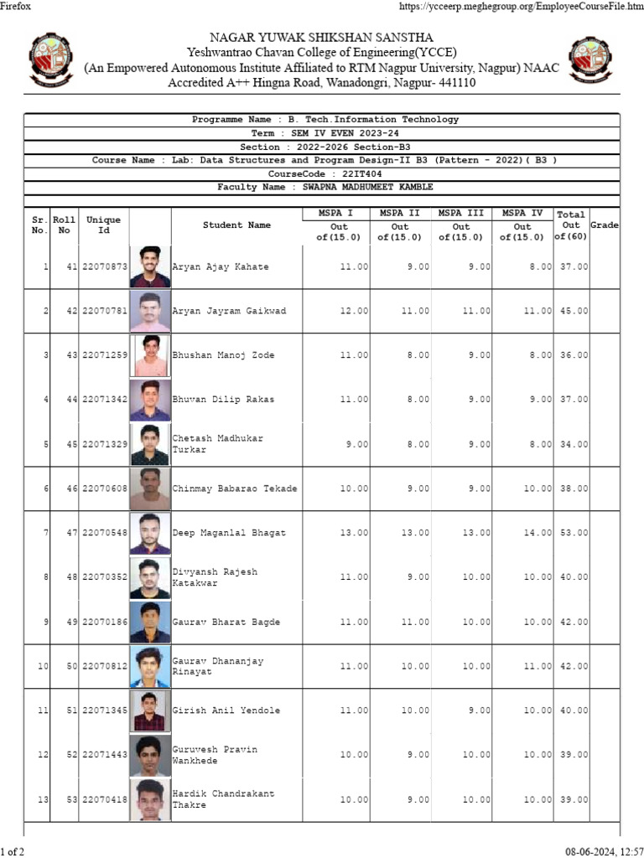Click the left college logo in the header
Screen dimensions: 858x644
click(x=51, y=59)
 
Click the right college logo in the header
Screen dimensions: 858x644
click(x=593, y=59)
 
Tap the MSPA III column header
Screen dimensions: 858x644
click(x=461, y=214)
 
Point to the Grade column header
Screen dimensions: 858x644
click(x=605, y=225)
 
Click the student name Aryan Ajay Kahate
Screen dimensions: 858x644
click(x=221, y=266)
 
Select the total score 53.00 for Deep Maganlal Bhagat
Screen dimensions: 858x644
click(x=574, y=533)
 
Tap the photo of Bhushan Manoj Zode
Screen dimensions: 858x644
click(x=151, y=355)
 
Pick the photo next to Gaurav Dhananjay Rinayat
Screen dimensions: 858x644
click(x=151, y=666)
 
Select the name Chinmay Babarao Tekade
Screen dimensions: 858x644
click(x=235, y=488)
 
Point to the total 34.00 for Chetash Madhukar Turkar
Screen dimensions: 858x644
click(x=574, y=444)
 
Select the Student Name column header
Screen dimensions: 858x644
click(x=236, y=225)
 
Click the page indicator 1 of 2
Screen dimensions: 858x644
click(x=13, y=851)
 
